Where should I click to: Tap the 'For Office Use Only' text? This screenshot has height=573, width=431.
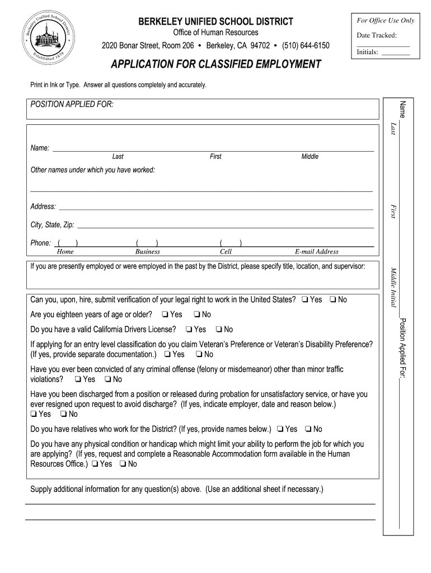coord(385,21)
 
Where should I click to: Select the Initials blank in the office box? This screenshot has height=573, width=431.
coord(395,53)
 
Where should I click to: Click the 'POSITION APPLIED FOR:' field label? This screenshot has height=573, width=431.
coord(72,105)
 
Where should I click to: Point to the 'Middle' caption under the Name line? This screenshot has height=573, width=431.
coord(310,157)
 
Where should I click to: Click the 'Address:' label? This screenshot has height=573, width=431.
coord(43,206)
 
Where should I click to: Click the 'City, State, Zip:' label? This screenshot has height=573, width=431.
coord(52,225)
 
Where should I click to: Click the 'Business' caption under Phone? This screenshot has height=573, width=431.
coord(147,252)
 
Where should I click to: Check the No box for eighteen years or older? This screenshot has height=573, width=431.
coord(197,314)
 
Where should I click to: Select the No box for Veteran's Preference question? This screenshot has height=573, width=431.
coord(199,355)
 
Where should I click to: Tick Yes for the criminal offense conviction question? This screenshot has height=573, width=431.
coord(77,379)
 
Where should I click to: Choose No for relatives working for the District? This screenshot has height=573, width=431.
coord(308,429)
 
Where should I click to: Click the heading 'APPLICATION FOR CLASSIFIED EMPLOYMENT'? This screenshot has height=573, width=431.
coord(215,64)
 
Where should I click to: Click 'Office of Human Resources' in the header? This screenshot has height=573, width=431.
coord(215,32)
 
